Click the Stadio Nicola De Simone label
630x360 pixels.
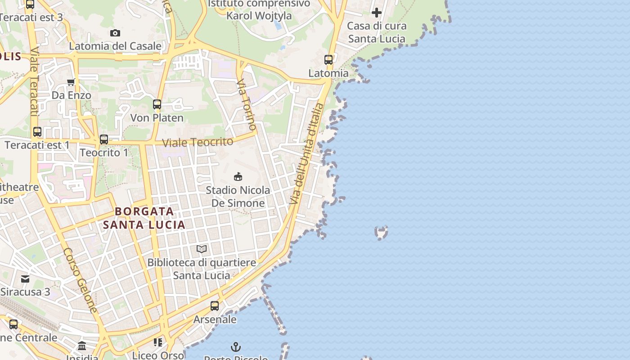click(238, 197)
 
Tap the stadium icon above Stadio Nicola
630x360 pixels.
click(238, 176)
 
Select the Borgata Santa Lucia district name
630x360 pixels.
click(144, 218)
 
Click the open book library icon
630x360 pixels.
click(202, 249)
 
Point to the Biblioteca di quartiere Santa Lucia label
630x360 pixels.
click(202, 269)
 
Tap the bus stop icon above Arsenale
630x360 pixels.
click(215, 306)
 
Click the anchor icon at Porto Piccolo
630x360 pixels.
click(236, 347)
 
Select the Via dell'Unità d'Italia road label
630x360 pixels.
click(307, 154)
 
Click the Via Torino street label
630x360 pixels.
click(247, 104)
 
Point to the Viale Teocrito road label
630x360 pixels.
click(198, 142)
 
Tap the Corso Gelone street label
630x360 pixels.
click(80, 280)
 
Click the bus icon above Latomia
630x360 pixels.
click(328, 59)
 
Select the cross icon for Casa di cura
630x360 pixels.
click(377, 13)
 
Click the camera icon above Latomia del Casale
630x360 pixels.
click(115, 33)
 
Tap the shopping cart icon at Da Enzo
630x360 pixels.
click(71, 82)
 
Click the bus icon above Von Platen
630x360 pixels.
click(157, 104)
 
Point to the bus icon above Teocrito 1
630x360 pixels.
click(104, 139)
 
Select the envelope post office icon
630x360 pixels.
click(25, 279)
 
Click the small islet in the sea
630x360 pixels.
click(381, 233)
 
